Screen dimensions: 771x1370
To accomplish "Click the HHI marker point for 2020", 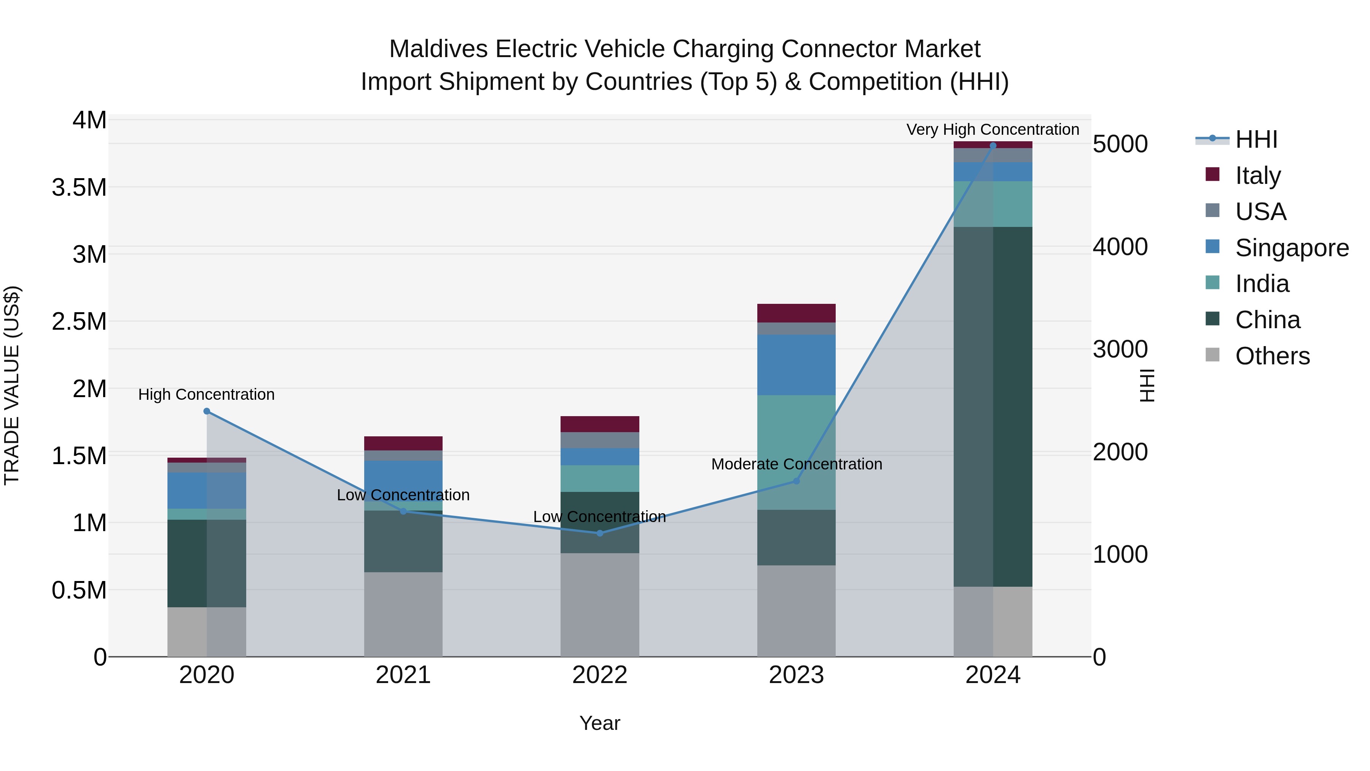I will click(x=207, y=411).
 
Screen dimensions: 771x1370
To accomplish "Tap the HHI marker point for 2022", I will click(x=600, y=533).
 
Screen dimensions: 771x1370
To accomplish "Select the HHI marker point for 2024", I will click(x=993, y=145).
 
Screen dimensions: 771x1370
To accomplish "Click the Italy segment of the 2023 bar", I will click(x=796, y=313).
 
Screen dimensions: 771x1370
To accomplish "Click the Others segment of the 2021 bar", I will click(x=403, y=614).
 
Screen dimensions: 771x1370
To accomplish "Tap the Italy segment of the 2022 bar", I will click(x=600, y=424).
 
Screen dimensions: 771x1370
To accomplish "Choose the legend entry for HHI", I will click(x=1256, y=139).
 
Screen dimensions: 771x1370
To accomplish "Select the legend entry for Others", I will click(x=1272, y=356).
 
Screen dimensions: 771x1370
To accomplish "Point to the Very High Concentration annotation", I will click(x=992, y=129).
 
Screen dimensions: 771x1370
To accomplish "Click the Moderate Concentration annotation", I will click(x=796, y=464).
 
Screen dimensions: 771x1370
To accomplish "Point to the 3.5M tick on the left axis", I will click(x=79, y=188).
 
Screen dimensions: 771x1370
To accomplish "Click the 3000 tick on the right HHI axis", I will click(x=1120, y=350).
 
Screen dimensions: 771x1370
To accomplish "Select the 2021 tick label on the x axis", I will click(x=403, y=675).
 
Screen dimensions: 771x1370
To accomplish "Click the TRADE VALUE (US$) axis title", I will click(x=12, y=385).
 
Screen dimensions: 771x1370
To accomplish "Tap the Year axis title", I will click(x=599, y=723).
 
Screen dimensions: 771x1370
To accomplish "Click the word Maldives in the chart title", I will click(x=438, y=49).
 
